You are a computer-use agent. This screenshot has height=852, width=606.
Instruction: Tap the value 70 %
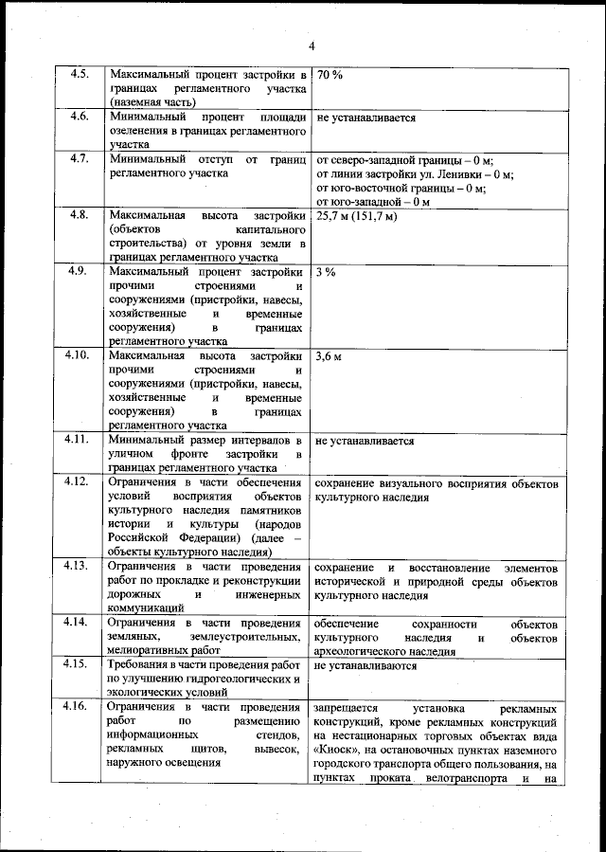tap(330, 74)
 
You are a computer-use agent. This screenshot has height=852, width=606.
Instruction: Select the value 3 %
tap(326, 272)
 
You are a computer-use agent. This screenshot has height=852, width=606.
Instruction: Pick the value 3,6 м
tap(330, 356)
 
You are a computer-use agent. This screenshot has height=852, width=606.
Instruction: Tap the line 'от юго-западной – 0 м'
tap(372, 201)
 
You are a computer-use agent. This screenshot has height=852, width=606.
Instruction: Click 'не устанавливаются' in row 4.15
tap(366, 666)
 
